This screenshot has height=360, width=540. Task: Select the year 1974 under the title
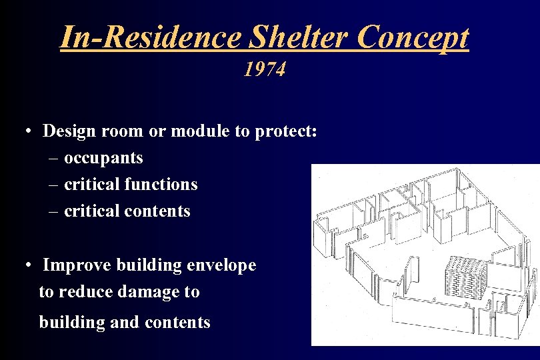pos(265,69)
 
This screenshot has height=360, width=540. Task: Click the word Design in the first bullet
pos(70,131)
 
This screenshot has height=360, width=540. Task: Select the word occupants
pos(103,158)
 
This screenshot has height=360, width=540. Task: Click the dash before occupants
pos(53,159)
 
